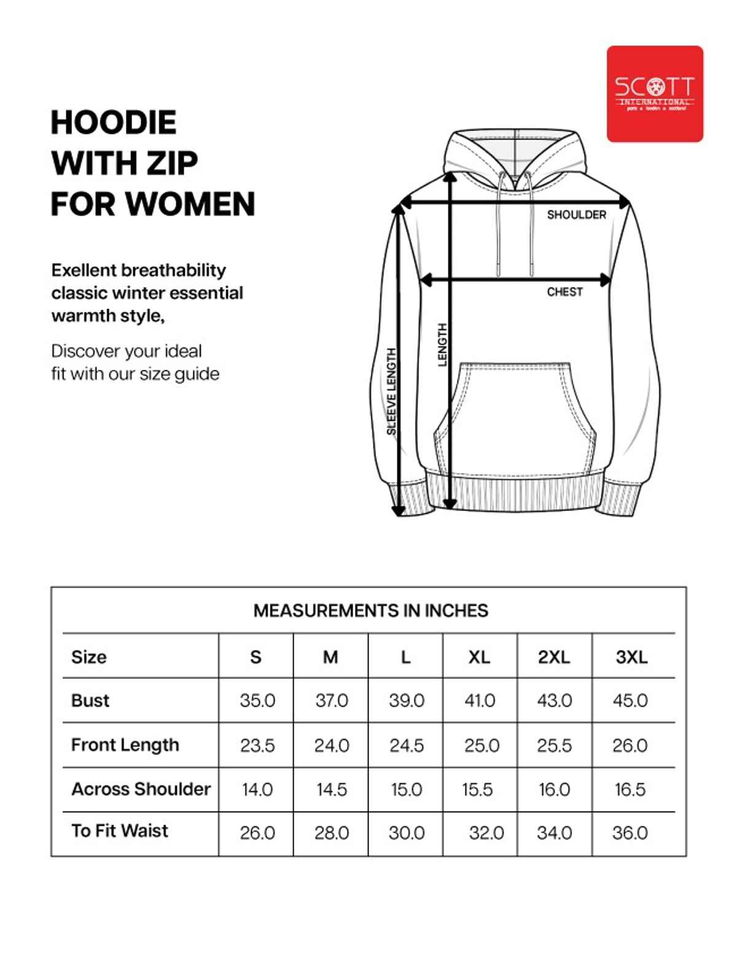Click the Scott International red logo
pyautogui.click(x=655, y=93)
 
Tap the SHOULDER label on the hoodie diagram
pyautogui.click(x=576, y=214)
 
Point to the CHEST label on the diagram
pyautogui.click(x=564, y=292)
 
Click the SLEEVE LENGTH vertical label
pyautogui.click(x=391, y=391)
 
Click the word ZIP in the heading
pyautogui.click(x=171, y=163)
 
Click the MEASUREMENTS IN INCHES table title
pyautogui.click(x=370, y=610)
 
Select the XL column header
pyautogui.click(x=479, y=657)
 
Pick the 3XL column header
pyautogui.click(x=631, y=657)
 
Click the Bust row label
pyautogui.click(x=90, y=700)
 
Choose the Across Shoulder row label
pyautogui.click(x=141, y=789)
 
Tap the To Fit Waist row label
pyautogui.click(x=120, y=831)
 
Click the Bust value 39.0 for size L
pyautogui.click(x=406, y=700)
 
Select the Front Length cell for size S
pyautogui.click(x=257, y=745)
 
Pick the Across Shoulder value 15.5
pyautogui.click(x=477, y=790)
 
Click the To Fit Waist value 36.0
pyautogui.click(x=630, y=833)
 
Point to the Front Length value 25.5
pyautogui.click(x=554, y=745)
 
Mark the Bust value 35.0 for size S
pyautogui.click(x=257, y=700)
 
